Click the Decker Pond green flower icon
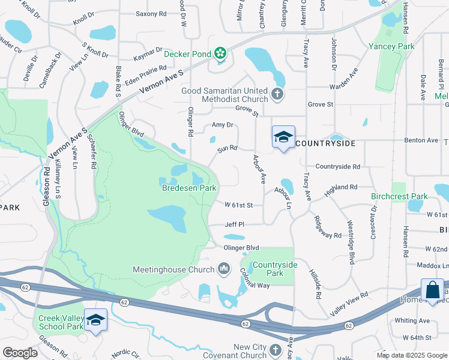coord(220,55)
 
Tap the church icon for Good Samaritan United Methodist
coord(277,94)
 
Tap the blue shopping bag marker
coord(432,290)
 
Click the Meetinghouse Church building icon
coord(224,269)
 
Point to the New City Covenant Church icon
coord(276,350)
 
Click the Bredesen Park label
coord(189,188)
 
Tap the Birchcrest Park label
coord(399,196)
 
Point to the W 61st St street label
coord(239,205)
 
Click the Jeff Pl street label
coord(235,224)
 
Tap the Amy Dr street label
coord(222,125)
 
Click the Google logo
coord(20,353)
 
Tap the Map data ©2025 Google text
coord(411,355)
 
